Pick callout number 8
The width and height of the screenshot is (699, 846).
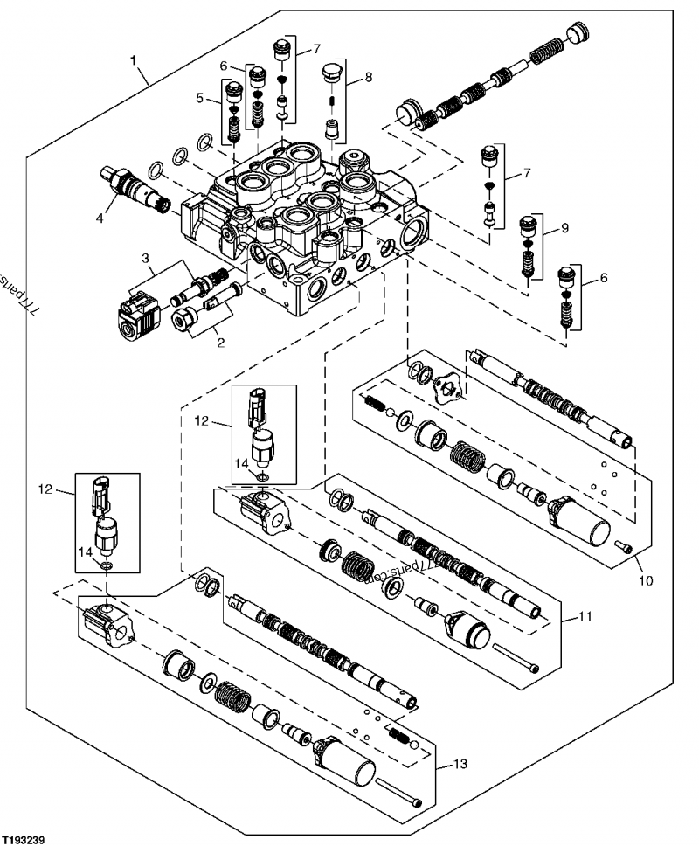(x=368, y=77)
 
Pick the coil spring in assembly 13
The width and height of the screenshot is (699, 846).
(x=232, y=699)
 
